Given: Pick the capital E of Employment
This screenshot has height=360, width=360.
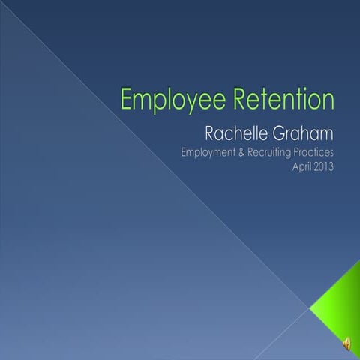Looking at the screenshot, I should tap(185, 154).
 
